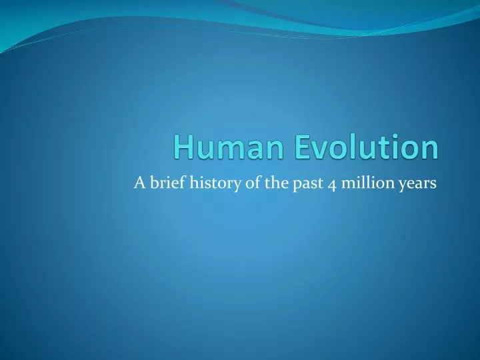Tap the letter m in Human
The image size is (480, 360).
(x=221, y=150)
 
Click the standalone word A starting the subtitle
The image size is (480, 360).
(x=139, y=184)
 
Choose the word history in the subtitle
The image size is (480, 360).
(x=205, y=185)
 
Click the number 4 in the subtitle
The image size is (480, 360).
(x=313, y=185)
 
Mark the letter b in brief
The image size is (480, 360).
(x=153, y=184)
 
